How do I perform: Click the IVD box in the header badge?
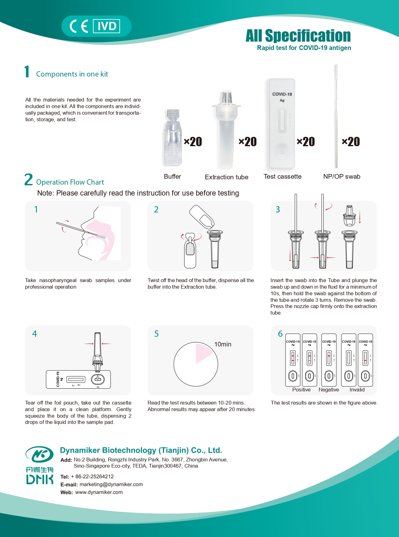pos(107,26)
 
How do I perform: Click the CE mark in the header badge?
pos(79,26)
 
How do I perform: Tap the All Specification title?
pos(298,36)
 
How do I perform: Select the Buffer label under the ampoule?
pos(172,177)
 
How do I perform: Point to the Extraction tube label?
pos(226,177)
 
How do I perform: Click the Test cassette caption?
pos(282,177)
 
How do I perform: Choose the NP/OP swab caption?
pos(341,177)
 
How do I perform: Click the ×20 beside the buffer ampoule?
pos(193,142)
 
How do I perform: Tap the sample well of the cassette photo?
pos(282,151)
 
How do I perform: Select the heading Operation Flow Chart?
pos(70,182)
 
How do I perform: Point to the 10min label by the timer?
pos(223,344)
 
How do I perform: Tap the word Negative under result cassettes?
pos(329,390)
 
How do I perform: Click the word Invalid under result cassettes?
pos(357,390)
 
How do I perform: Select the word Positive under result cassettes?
pos(301,390)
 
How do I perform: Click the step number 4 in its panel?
pos(35,334)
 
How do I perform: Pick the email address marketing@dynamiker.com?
pos(111,484)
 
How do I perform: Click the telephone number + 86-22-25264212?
pos(92,476)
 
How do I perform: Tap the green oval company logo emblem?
pos(39,455)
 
